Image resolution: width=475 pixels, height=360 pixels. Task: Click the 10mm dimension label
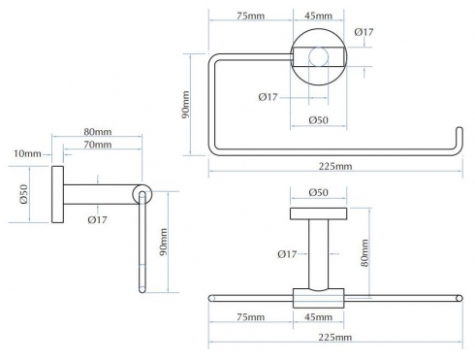tap(27, 153)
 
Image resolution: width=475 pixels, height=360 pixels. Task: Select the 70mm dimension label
tap(98, 145)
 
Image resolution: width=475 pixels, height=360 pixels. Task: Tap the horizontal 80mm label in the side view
tap(98, 132)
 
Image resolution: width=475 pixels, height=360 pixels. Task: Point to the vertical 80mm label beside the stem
tap(364, 253)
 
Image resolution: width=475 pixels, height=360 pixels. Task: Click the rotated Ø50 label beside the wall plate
tap(24, 194)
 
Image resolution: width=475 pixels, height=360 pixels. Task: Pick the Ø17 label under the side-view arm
tap(97, 220)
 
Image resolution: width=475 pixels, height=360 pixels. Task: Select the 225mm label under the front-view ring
tap(335, 167)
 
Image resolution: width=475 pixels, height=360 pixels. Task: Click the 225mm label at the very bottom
tap(335, 338)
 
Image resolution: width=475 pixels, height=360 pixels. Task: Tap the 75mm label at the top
tap(250, 16)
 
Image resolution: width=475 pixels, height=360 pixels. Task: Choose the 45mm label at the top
tap(318, 16)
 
